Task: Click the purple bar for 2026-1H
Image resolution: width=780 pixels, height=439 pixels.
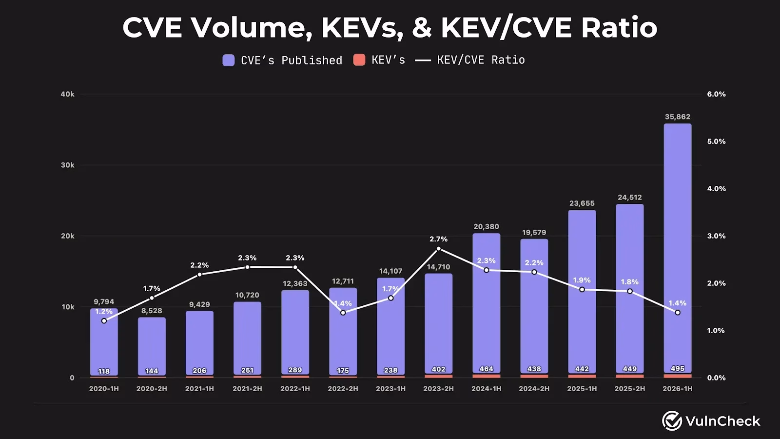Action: point(677,248)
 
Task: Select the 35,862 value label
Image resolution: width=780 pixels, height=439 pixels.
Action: point(677,117)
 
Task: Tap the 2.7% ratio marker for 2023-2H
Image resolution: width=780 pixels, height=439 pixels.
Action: point(438,249)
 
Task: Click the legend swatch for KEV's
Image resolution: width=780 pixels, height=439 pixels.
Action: point(359,60)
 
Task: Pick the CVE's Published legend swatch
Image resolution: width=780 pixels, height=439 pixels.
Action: point(229,60)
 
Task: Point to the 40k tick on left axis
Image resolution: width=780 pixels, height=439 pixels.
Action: point(68,94)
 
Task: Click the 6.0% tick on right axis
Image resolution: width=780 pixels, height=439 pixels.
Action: point(716,94)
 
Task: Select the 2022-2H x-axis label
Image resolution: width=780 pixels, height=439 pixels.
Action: point(343,388)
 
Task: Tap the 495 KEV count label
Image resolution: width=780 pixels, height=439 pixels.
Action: point(677,369)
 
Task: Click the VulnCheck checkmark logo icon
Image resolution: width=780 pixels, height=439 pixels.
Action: point(672,420)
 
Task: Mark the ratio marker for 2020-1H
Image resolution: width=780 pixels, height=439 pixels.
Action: point(104,321)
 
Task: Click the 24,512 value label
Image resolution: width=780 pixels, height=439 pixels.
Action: point(629,198)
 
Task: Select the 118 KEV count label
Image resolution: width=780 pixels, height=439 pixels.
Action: point(104,371)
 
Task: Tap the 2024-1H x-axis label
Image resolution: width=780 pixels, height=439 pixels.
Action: point(487,388)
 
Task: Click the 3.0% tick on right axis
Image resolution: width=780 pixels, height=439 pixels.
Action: point(716,236)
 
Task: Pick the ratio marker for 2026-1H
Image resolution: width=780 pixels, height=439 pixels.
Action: point(678,313)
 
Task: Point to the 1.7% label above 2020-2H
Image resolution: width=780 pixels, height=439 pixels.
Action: point(152,288)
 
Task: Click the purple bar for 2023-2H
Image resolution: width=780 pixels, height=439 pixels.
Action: point(438,324)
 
